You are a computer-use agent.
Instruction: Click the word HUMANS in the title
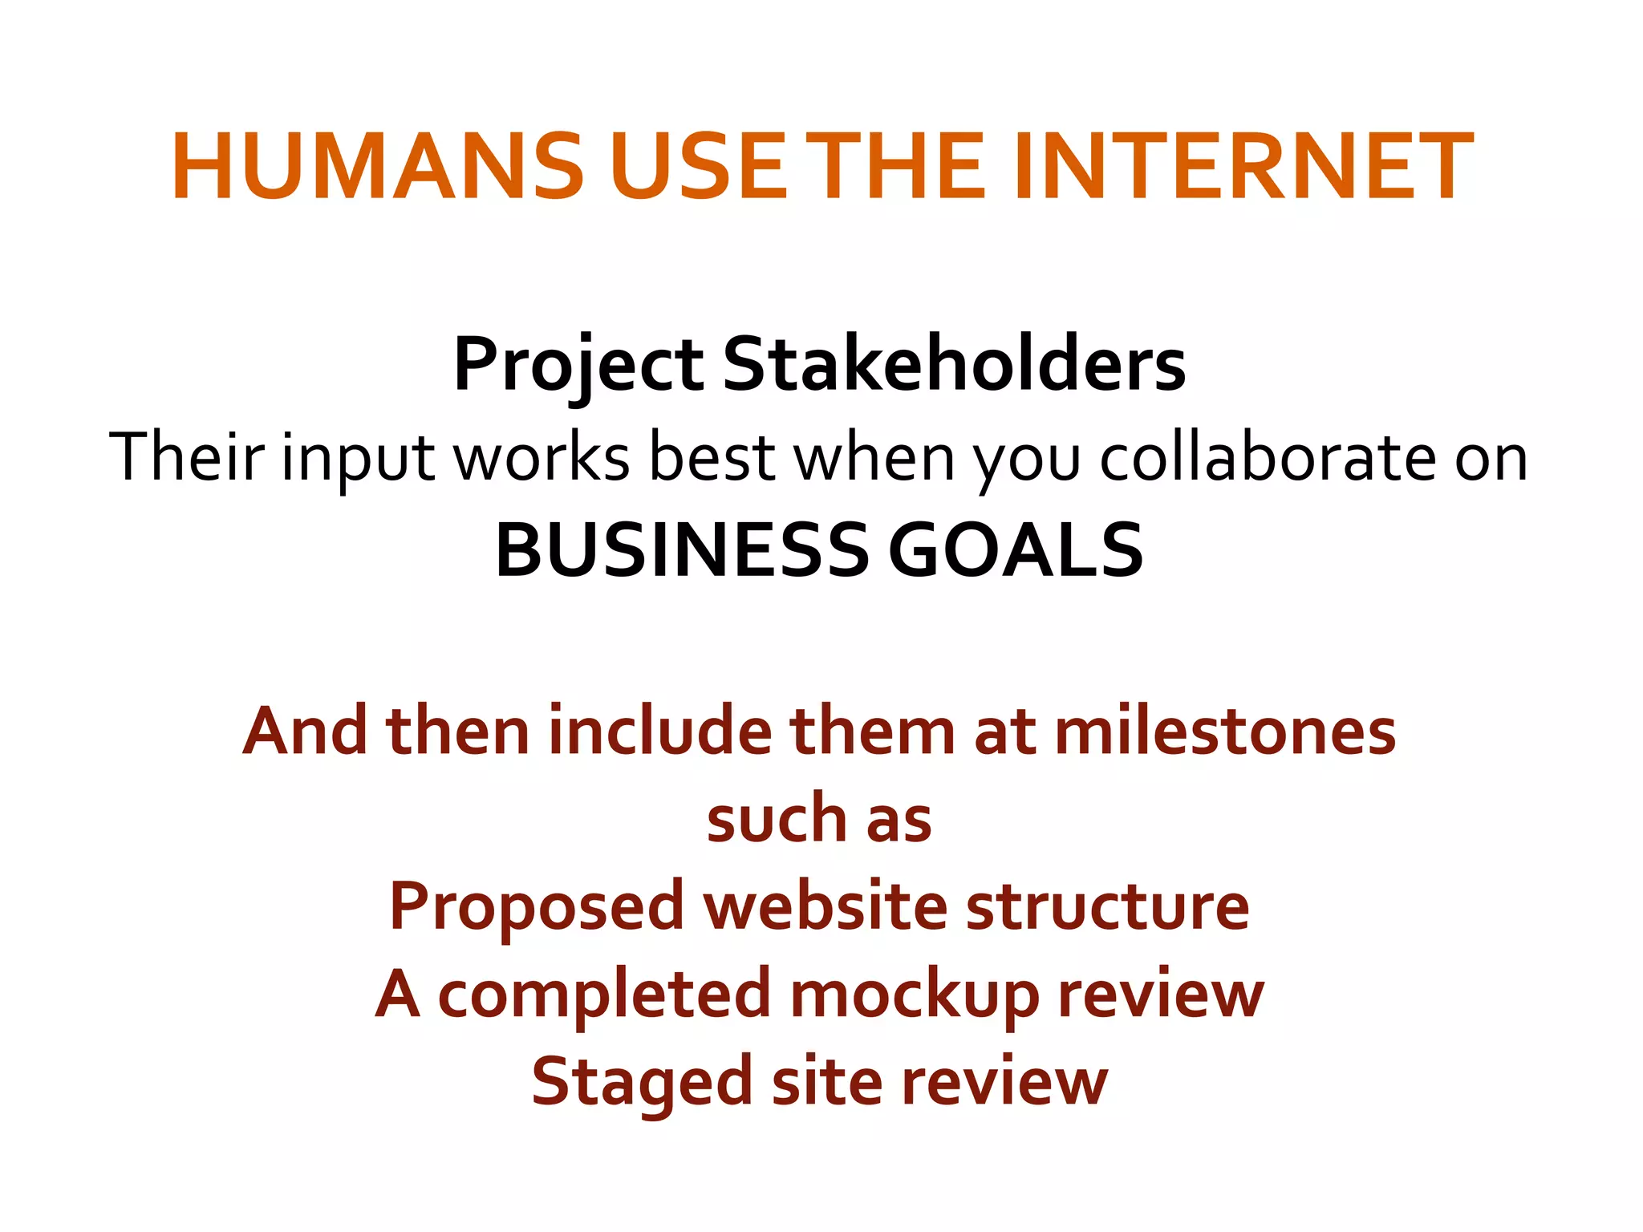[x=377, y=168]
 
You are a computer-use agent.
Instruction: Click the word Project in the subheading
[x=578, y=365]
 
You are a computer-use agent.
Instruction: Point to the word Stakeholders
[x=954, y=365]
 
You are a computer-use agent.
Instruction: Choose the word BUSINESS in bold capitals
[x=681, y=550]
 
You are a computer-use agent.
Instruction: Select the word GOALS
[x=1016, y=550]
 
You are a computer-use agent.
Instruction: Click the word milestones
[x=1225, y=731]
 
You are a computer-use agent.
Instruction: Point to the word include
[x=659, y=731]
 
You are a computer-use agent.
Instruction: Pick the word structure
[x=1108, y=906]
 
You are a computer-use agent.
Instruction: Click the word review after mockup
[x=1161, y=995]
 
